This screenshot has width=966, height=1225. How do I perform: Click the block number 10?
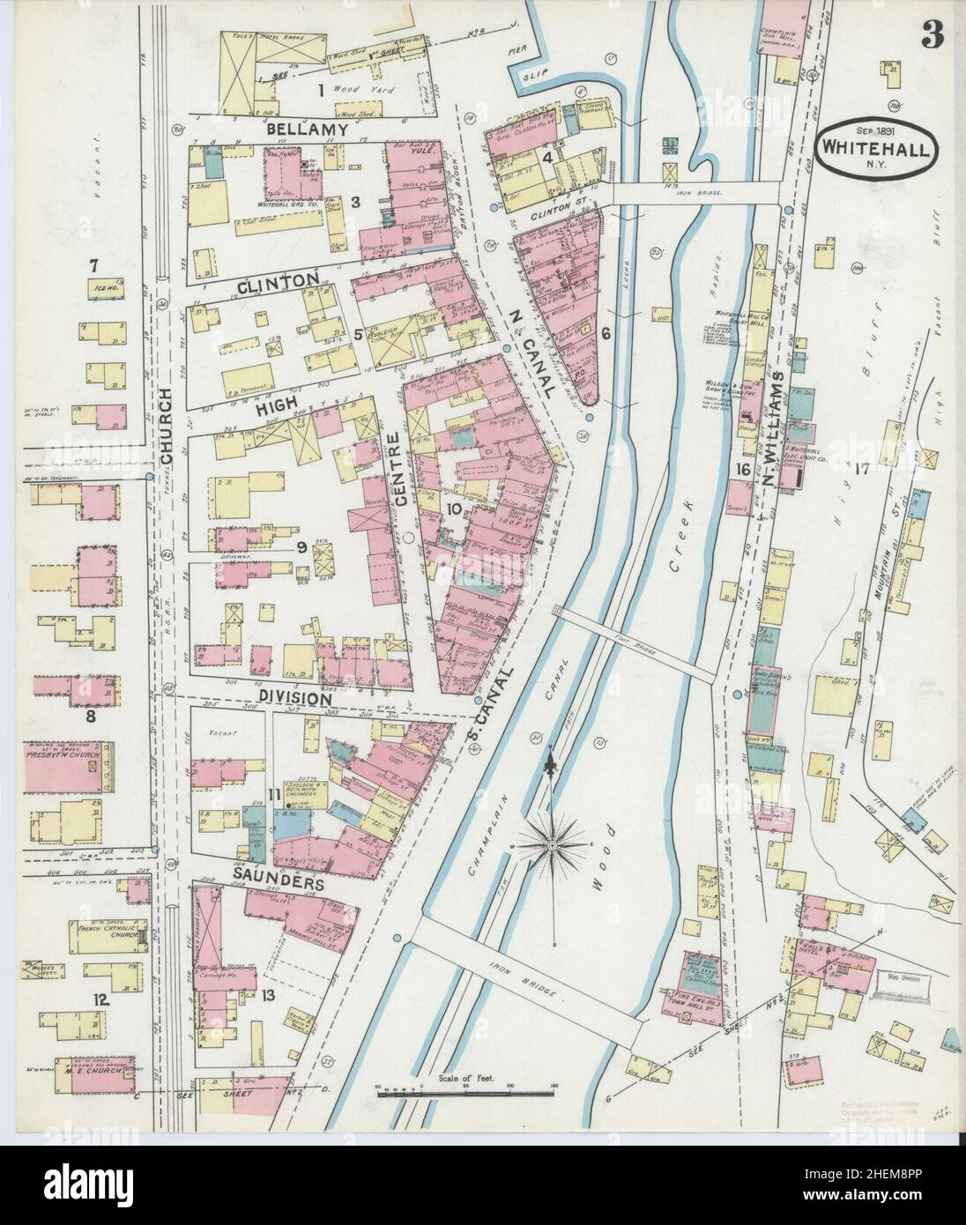click(x=453, y=509)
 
